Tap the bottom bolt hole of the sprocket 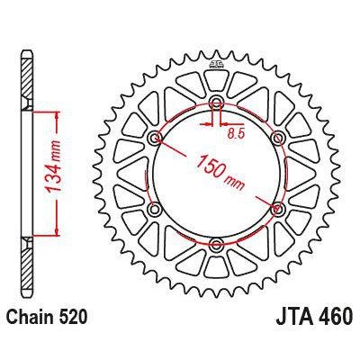pos(216,244)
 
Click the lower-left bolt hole pos(156,209)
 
